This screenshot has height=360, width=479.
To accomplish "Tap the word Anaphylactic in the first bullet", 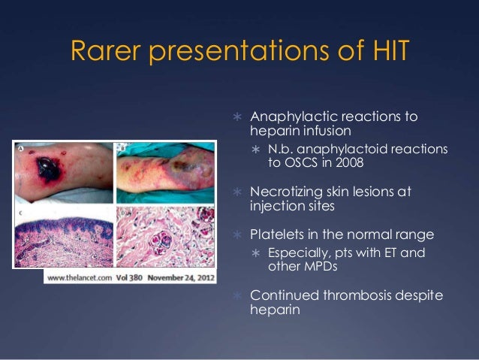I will (294, 118).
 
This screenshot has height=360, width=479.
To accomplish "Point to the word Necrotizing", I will (288, 192).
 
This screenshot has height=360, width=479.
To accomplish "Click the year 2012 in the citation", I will (207, 277).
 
